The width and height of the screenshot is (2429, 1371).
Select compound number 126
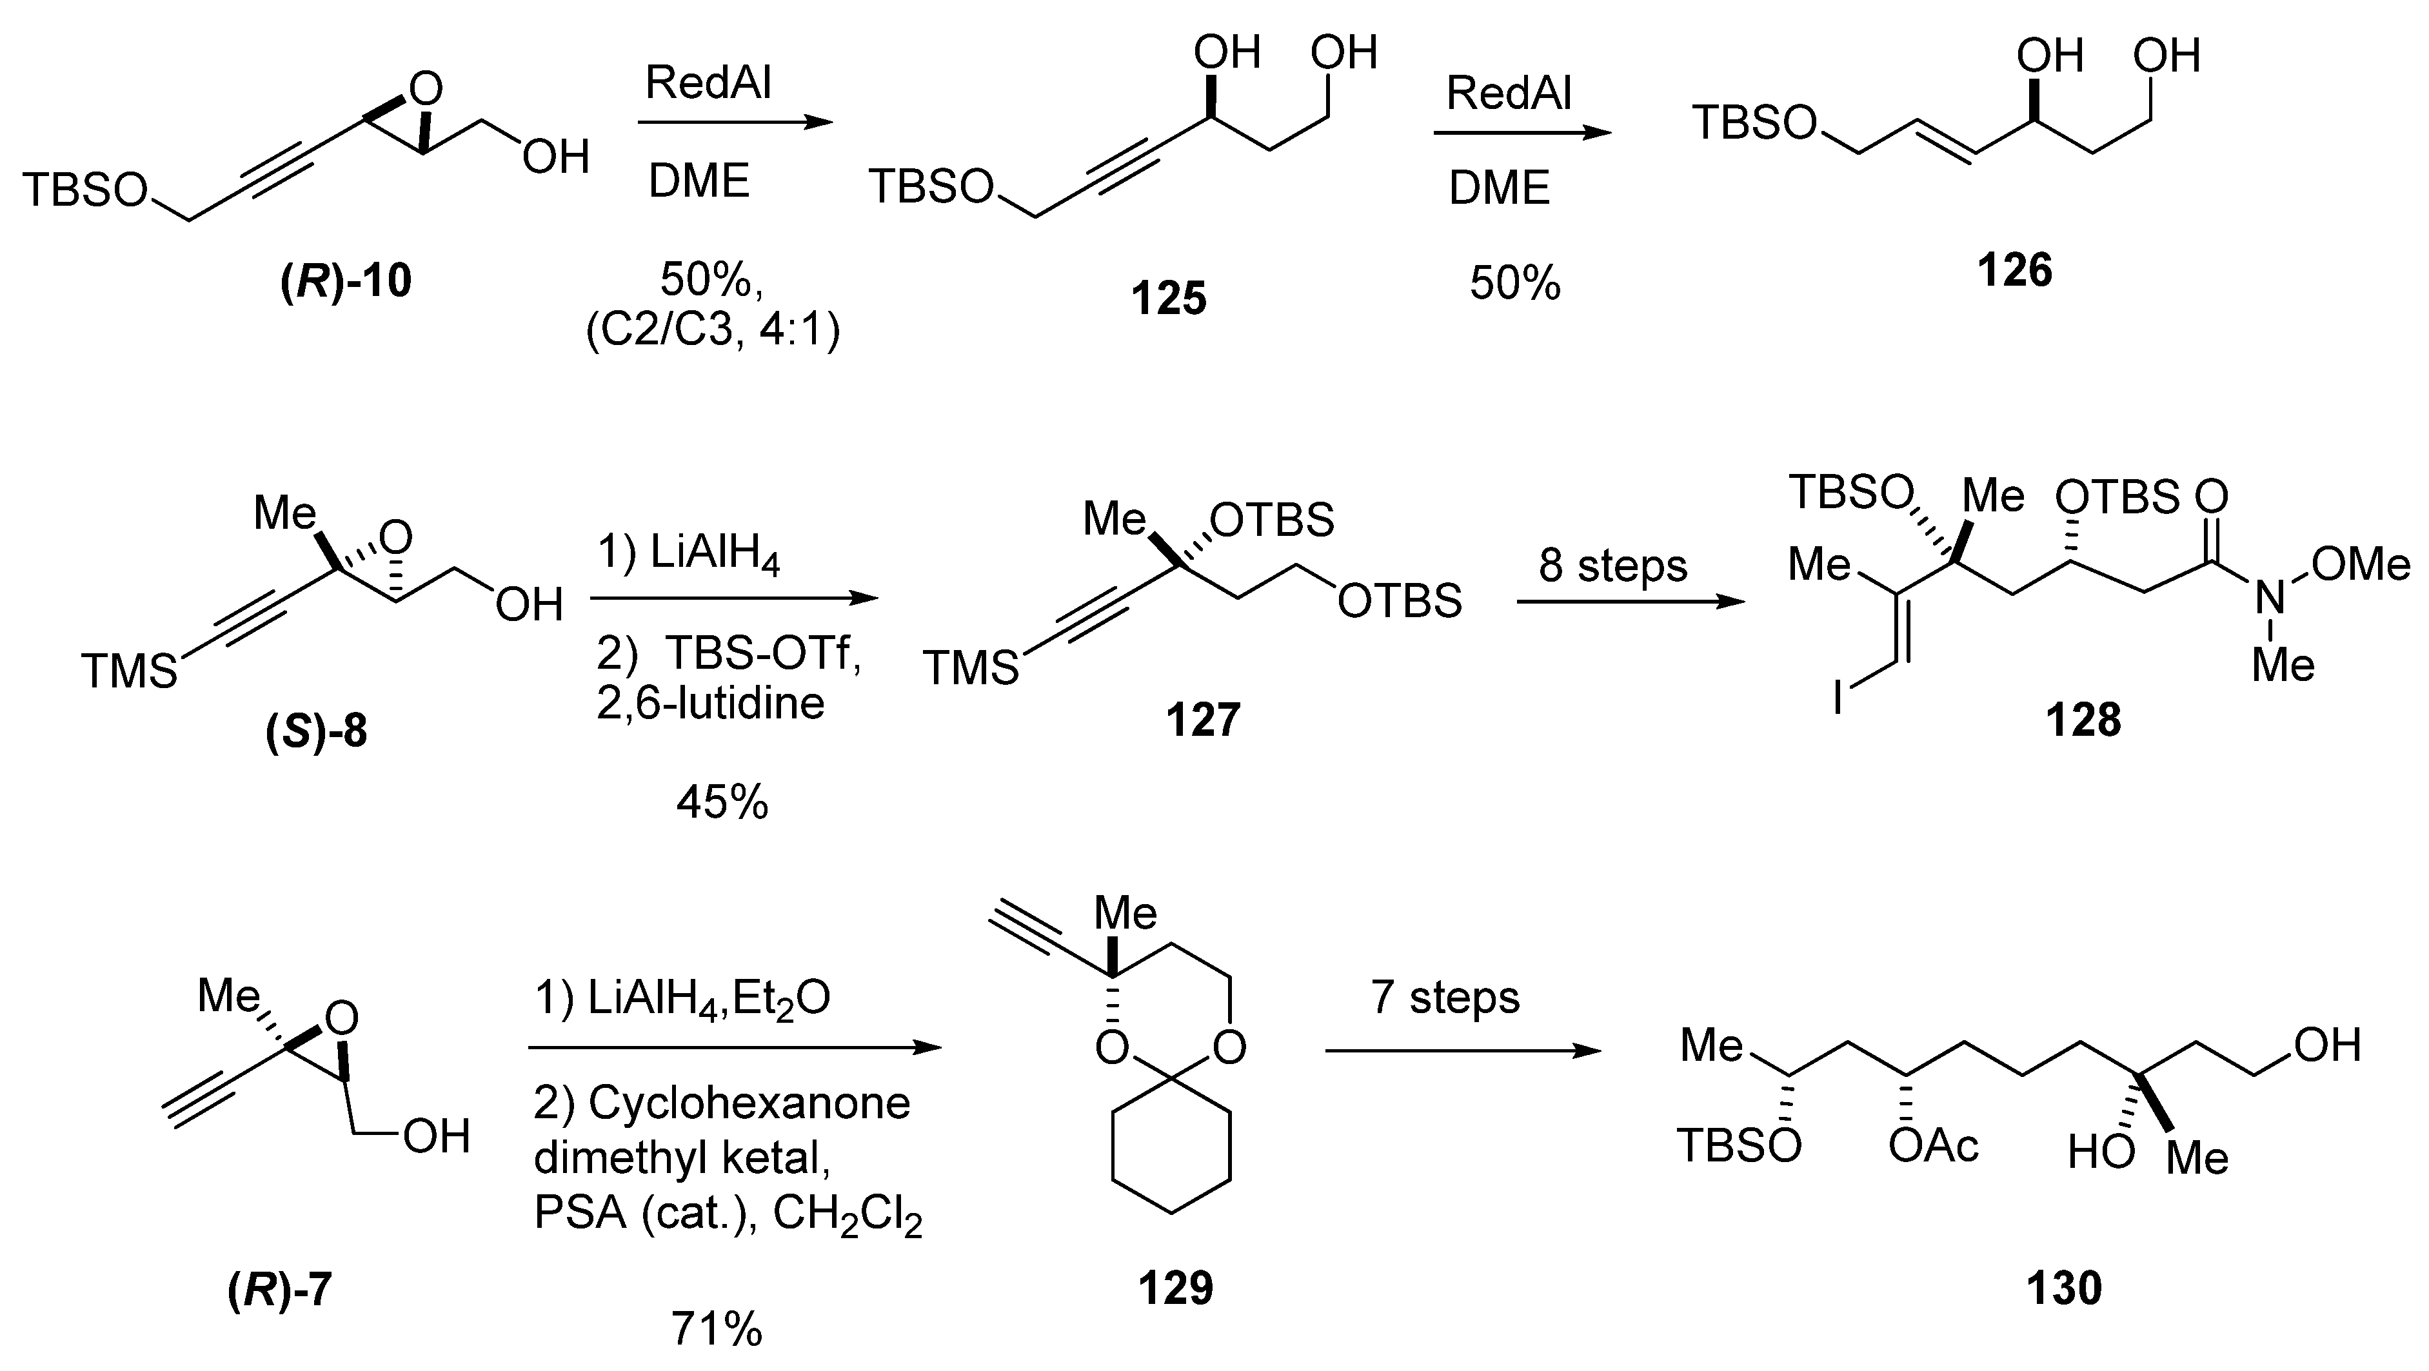2014,271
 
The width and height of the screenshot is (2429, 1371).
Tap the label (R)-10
346,281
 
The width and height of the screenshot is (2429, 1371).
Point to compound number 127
1202,720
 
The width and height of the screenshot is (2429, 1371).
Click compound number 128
2083,720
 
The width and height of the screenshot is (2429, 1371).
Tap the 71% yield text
716,1330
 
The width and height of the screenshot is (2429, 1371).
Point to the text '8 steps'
1612,566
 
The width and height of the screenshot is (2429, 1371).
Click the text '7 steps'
1445,998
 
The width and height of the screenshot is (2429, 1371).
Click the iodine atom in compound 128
1838,698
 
